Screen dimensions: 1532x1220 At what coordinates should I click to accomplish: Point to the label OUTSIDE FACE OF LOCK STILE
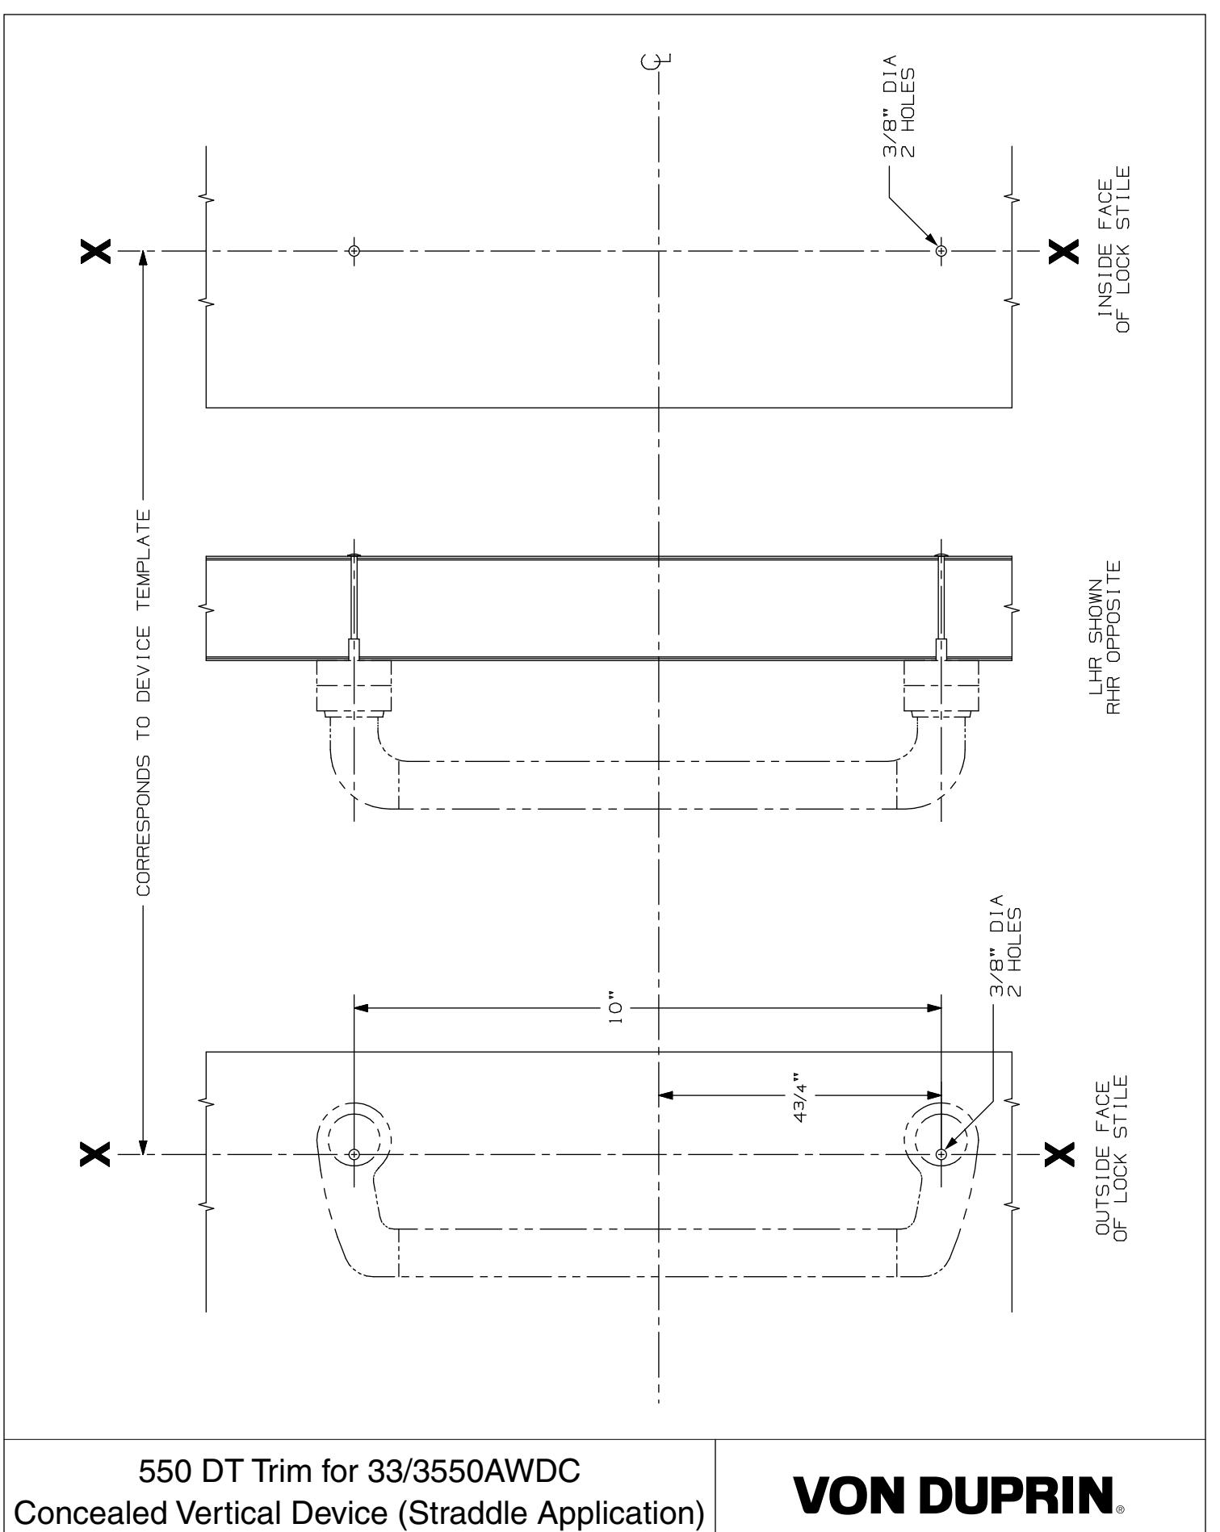1112,1155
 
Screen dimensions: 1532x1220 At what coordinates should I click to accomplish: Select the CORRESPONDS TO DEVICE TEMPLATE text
143,701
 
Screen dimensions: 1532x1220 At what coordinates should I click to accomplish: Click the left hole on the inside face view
353,250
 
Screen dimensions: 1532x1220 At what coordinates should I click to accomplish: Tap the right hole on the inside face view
941,251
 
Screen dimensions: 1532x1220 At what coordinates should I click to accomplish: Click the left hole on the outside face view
354,1154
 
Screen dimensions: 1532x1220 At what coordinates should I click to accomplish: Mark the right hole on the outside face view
941,1154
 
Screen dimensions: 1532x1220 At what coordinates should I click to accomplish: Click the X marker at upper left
96,251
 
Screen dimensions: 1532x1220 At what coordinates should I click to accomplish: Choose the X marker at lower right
1060,1154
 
